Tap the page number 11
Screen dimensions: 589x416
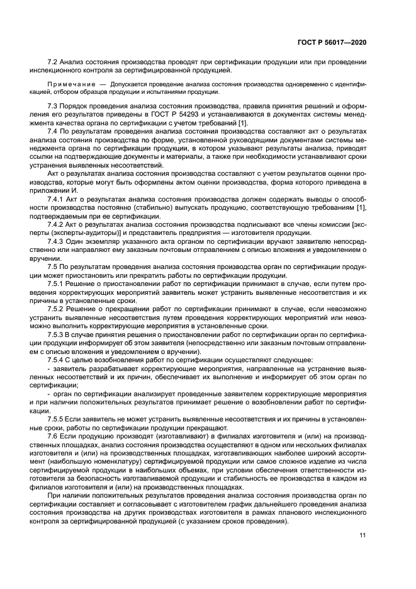pyautogui.click(x=363, y=535)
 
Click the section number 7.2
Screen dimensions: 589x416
pyautogui.click(x=53, y=62)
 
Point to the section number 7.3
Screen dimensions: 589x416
pyautogui.click(x=53, y=105)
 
